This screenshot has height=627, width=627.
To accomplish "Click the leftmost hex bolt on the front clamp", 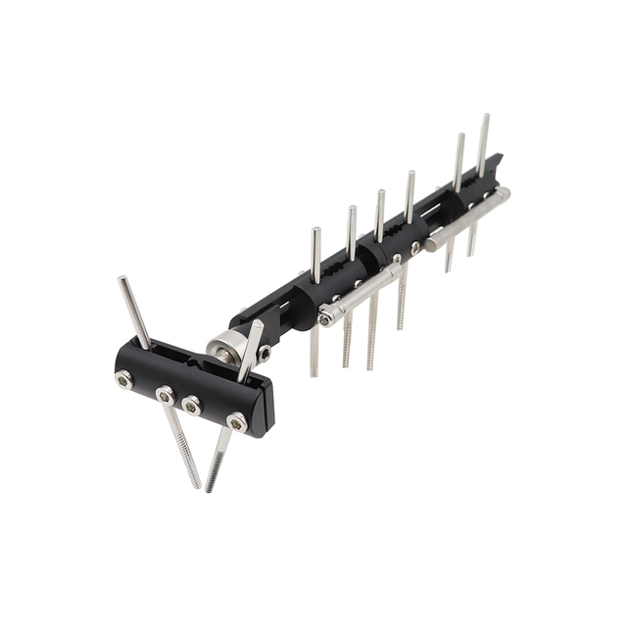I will coord(125,379).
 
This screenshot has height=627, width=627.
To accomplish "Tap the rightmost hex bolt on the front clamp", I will coord(237,422).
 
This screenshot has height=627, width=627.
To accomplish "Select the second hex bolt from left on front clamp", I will coord(167,395).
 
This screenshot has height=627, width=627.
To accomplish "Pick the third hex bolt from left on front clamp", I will coord(192,405).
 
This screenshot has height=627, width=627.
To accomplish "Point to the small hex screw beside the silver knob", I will coord(264,354).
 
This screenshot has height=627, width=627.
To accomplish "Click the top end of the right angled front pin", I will coord(258,324).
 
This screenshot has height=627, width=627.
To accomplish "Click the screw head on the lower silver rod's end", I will coord(325,318).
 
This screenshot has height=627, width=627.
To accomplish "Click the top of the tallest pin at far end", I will coord(484,118).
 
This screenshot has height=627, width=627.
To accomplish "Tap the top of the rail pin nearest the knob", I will coord(315,232).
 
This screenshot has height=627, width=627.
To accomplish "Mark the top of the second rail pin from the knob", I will coord(351,210).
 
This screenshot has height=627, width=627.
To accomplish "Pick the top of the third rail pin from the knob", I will coord(380,194).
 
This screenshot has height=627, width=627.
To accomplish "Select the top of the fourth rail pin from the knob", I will coord(410,175).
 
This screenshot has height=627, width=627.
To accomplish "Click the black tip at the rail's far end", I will coord(500,158).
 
